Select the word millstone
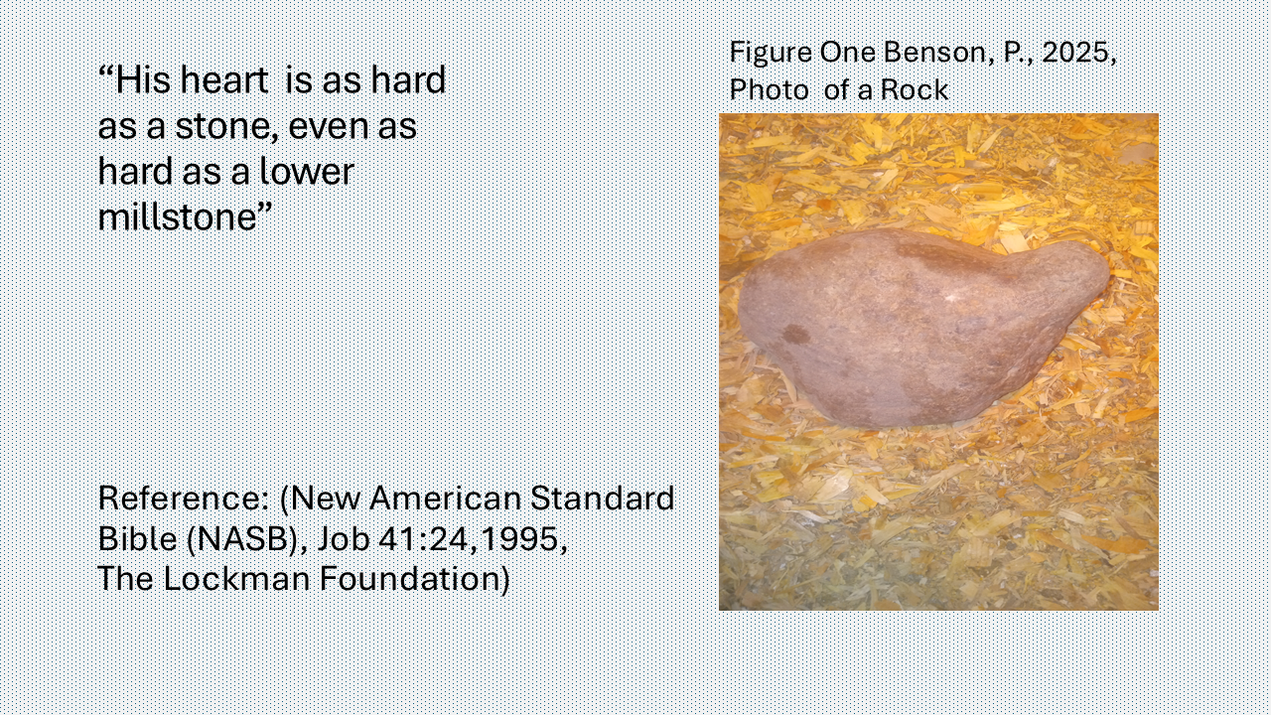pyautogui.click(x=178, y=216)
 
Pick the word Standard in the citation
pyautogui.click(x=602, y=499)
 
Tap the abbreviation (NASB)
pyautogui.click(x=247, y=539)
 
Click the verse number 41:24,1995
pyautogui.click(x=473, y=539)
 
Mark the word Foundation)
pyautogui.click(x=415, y=580)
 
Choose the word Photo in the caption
pyautogui.click(x=769, y=90)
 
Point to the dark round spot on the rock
pyautogui.click(x=796, y=335)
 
